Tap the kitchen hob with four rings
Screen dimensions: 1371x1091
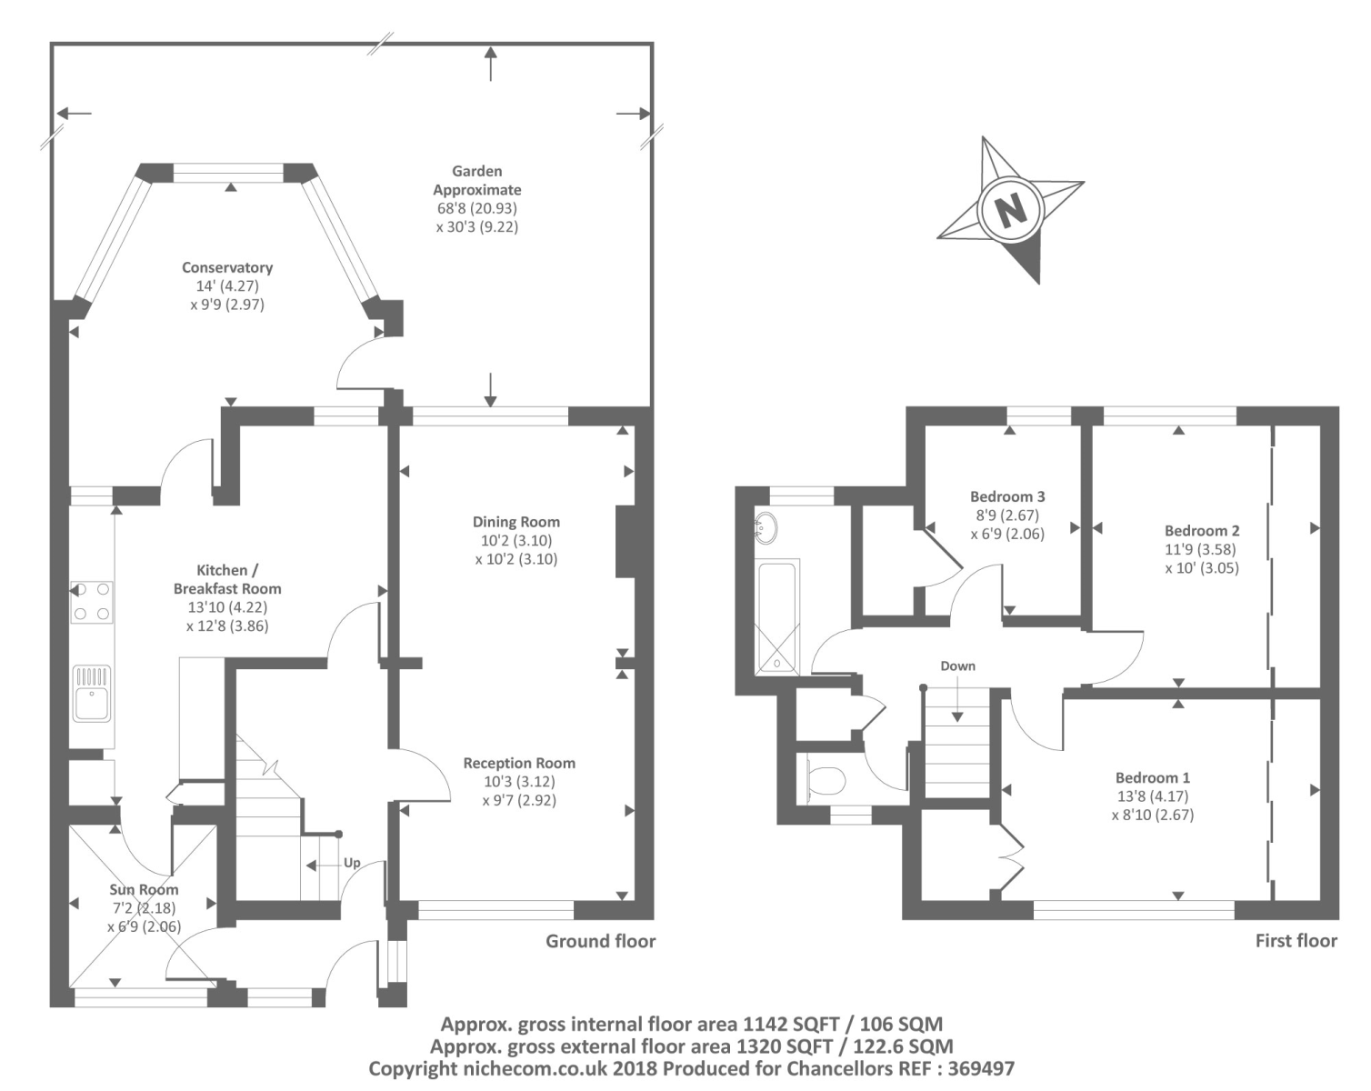(93, 602)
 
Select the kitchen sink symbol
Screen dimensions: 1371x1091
(92, 694)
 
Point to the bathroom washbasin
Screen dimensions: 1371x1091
(766, 527)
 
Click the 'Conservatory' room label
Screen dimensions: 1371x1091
(226, 268)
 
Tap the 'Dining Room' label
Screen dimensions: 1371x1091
(516, 522)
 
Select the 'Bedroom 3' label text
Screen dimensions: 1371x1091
(1007, 496)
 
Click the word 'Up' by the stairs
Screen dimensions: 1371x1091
(352, 863)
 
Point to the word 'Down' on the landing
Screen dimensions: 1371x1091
(957, 666)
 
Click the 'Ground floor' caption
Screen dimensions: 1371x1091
(600, 941)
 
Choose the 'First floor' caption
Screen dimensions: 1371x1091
(1296, 941)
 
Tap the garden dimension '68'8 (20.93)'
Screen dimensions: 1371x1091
(477, 208)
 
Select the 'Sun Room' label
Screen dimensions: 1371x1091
(144, 890)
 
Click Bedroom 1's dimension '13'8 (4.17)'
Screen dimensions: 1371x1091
(1153, 796)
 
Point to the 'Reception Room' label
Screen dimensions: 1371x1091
(519, 763)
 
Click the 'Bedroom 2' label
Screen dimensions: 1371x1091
(1202, 531)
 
